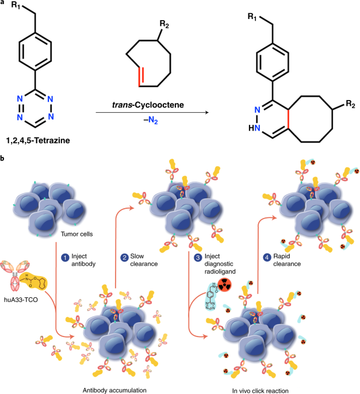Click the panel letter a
pos(4,4)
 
